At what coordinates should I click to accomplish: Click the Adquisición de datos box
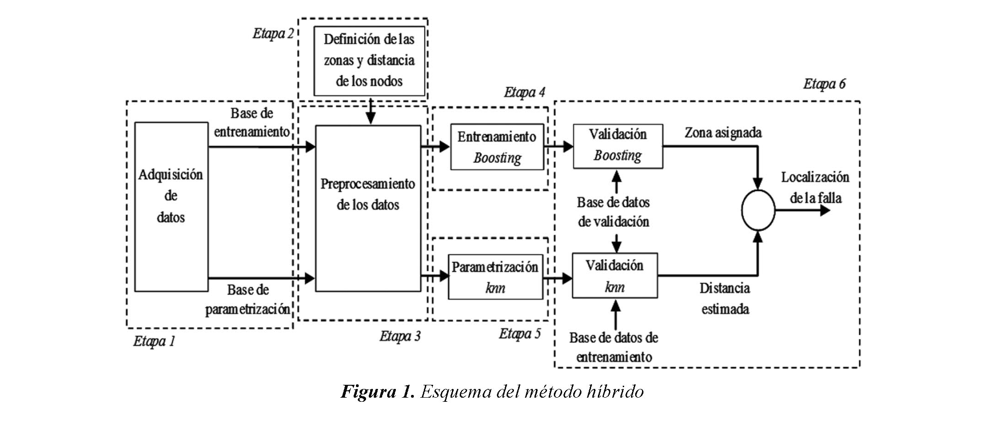(x=171, y=207)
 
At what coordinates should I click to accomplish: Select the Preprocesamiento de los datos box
(x=368, y=208)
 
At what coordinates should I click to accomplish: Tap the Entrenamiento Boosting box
(x=497, y=147)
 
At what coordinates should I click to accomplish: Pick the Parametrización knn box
(x=495, y=277)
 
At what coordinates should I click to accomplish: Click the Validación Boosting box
(x=618, y=146)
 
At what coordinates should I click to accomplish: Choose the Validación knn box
(x=614, y=276)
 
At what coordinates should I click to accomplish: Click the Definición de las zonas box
(x=369, y=61)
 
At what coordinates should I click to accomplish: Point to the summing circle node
(x=758, y=210)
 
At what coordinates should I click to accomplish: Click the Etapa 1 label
(x=154, y=342)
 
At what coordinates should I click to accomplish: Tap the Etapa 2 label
(x=273, y=34)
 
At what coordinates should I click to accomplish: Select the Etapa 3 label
(x=400, y=337)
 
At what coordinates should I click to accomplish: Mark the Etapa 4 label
(x=524, y=92)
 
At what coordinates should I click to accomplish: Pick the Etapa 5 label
(x=520, y=334)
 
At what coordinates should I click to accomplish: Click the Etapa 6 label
(x=824, y=84)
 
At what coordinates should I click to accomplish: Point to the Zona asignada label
(x=723, y=133)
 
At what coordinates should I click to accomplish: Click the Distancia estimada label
(x=725, y=298)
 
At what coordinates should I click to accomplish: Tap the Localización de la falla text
(x=815, y=187)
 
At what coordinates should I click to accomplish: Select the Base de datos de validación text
(x=613, y=212)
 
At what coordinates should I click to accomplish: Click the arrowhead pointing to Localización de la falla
(x=825, y=211)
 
